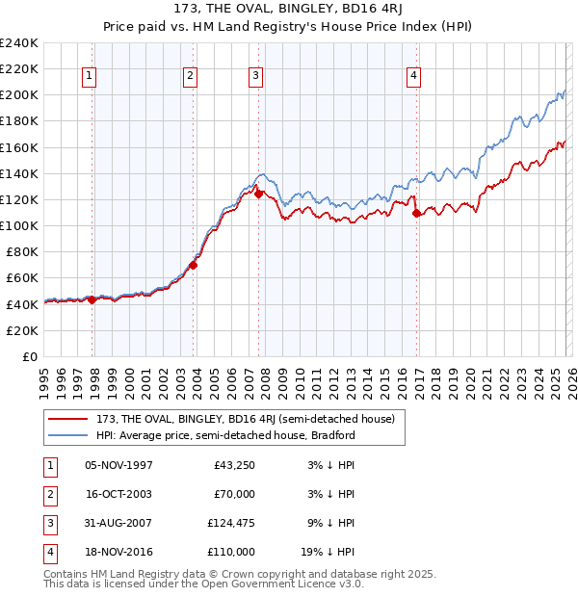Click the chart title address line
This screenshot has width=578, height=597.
pyautogui.click(x=289, y=9)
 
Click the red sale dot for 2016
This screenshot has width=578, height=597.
pyautogui.click(x=416, y=214)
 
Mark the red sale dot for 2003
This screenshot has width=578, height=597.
pyautogui.click(x=194, y=265)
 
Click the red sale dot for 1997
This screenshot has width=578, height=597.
pyautogui.click(x=92, y=299)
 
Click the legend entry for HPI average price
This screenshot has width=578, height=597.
pyautogui.click(x=225, y=435)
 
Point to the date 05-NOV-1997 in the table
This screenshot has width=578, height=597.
pyautogui.click(x=118, y=465)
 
